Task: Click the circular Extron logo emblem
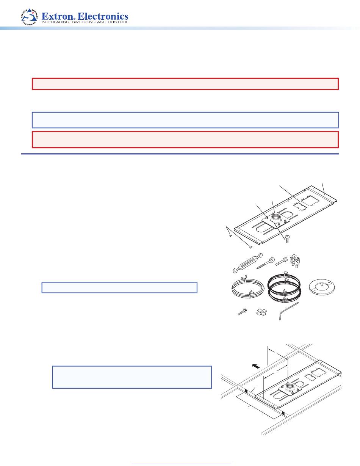coord(29,17)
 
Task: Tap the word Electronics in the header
coord(103,16)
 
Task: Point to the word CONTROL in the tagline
coord(119,22)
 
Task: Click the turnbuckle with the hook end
coord(248,263)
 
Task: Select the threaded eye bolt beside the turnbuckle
coord(266,263)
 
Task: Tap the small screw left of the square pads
coord(243,312)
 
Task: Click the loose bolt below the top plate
coord(287,239)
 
